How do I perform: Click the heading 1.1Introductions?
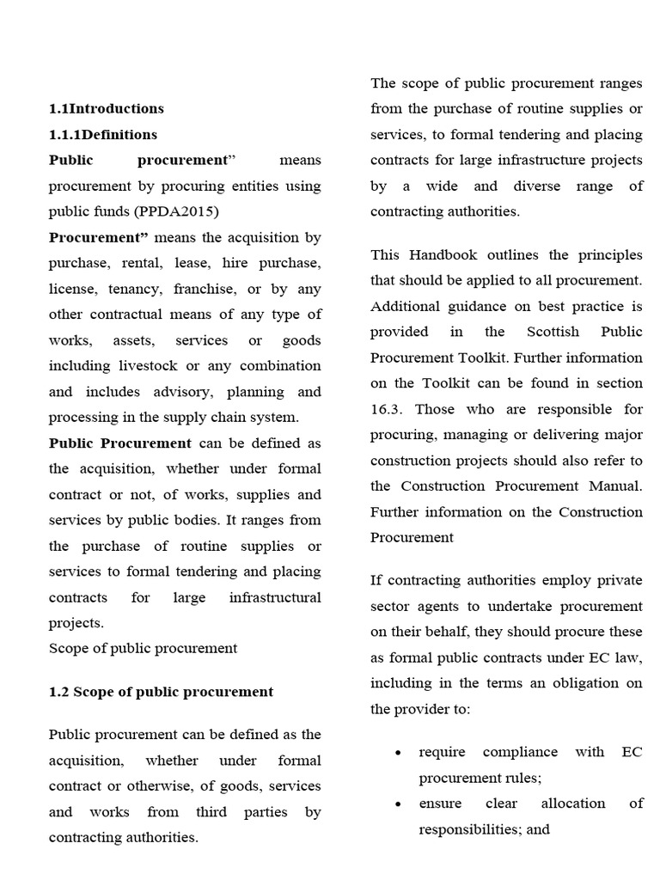107,108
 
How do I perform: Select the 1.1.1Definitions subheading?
103,134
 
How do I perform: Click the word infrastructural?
275,597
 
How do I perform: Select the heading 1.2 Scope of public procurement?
161,692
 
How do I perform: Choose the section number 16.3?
388,409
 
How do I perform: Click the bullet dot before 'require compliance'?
397,753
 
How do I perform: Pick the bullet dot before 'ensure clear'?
397,804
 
